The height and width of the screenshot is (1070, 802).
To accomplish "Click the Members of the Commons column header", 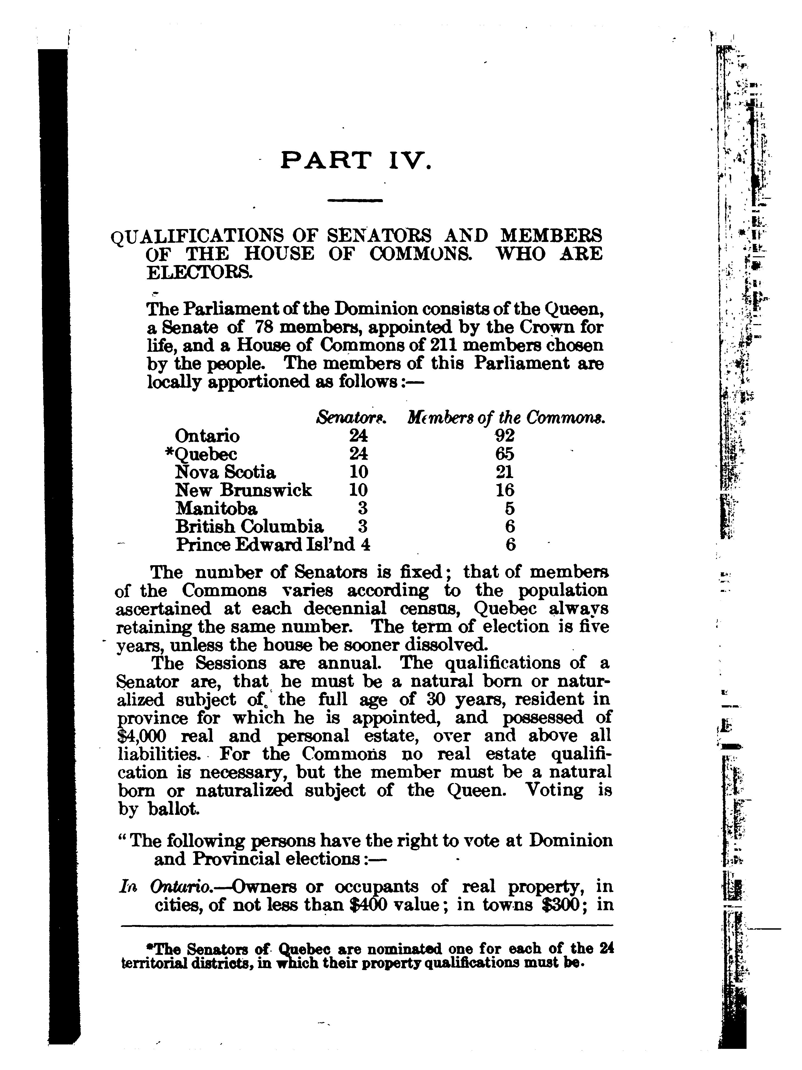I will pyautogui.click(x=507, y=416).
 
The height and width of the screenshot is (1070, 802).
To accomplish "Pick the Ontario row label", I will pyautogui.click(x=207, y=436).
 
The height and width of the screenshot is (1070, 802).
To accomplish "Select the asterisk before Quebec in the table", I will pyautogui.click(x=169, y=453).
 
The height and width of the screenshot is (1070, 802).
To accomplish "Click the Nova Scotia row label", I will pyautogui.click(x=225, y=472).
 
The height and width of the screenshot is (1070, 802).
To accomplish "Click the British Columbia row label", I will pyautogui.click(x=249, y=526).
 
